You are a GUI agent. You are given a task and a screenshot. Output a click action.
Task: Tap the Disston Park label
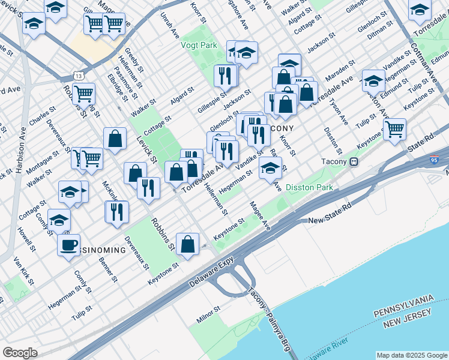[309, 187]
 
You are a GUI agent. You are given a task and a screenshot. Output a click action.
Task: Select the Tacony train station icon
[354, 161]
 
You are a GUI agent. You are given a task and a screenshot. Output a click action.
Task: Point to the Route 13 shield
[78, 75]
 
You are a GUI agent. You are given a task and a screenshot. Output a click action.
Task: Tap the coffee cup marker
[68, 245]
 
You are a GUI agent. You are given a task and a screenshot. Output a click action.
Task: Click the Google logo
[20, 353]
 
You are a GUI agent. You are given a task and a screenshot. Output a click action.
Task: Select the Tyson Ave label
[339, 112]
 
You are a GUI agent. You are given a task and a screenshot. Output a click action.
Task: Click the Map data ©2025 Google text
[411, 355]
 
